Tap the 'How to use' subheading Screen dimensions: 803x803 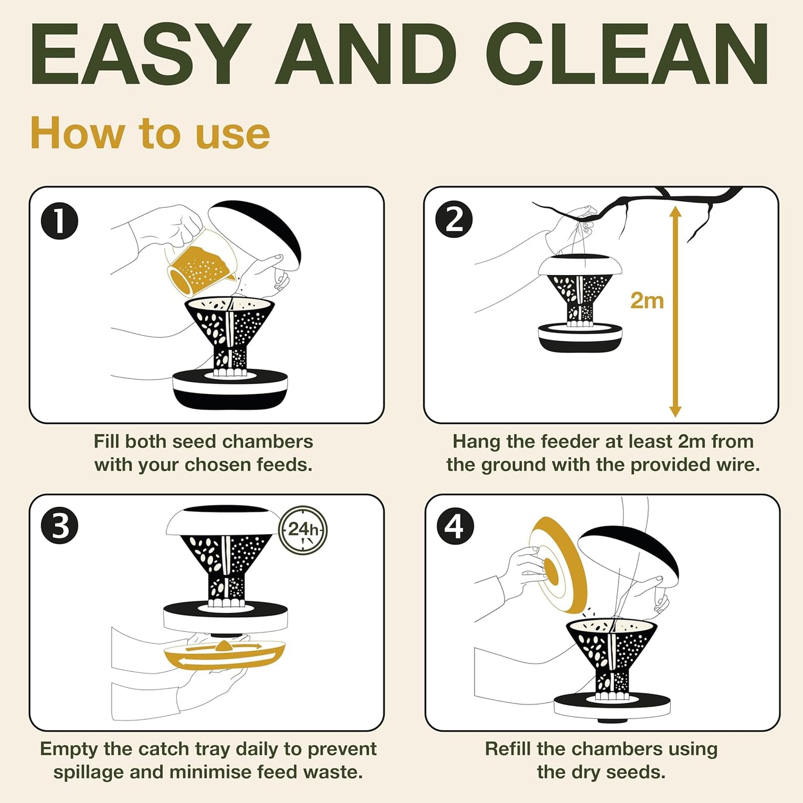coord(150,133)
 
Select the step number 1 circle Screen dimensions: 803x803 coord(59,221)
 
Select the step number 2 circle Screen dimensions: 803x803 coord(454,220)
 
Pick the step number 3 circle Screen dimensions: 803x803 coord(59,526)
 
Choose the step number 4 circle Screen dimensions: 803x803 coord(455,526)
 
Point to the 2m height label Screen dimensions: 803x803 coord(647,301)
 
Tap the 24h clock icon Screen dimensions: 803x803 coord(303,530)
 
